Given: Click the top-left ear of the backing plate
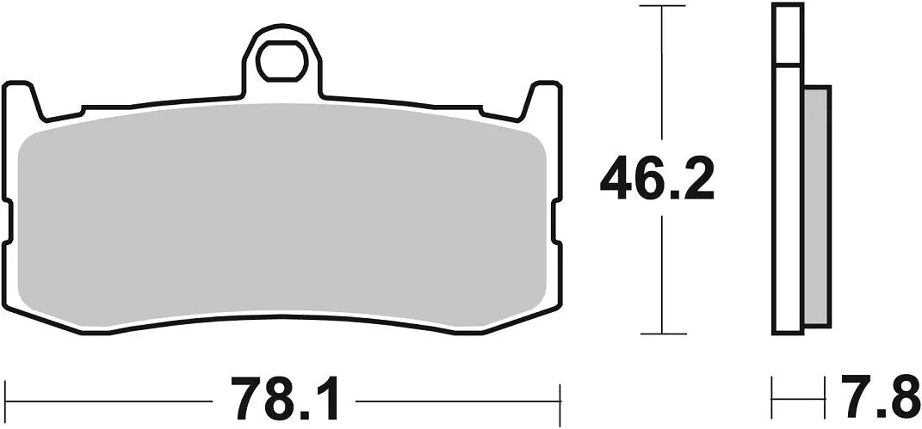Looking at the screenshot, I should pyautogui.click(x=23, y=99).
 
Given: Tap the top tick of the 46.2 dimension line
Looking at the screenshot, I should pyautogui.click(x=661, y=8).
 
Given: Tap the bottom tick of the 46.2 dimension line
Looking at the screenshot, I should pyautogui.click(x=661, y=333).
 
